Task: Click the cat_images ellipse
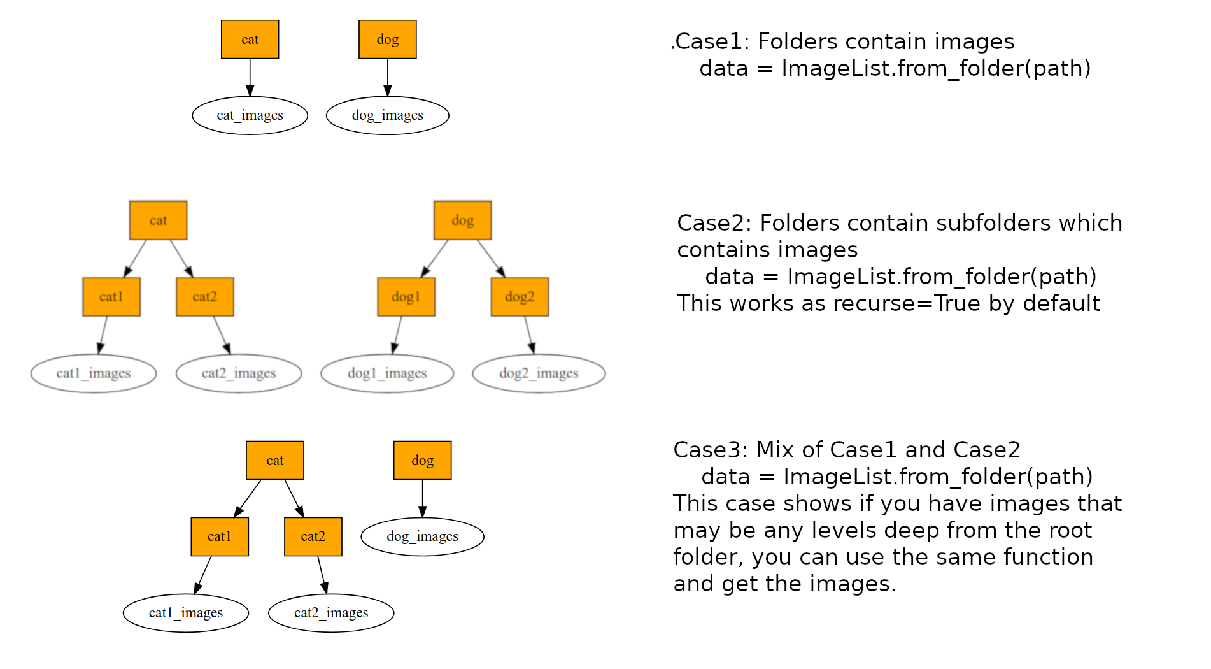point(250,115)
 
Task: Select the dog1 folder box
point(406,297)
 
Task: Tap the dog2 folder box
point(520,297)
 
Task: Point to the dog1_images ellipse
point(387,373)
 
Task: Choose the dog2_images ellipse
point(539,373)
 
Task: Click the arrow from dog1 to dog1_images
point(398,334)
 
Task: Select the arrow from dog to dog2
point(491,258)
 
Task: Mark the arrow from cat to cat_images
point(250,77)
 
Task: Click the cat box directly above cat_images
point(250,40)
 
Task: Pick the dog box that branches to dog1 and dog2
point(462,220)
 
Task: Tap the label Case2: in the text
point(714,223)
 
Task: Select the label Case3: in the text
point(711,450)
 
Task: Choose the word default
point(1059,303)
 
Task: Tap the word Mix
point(775,450)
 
